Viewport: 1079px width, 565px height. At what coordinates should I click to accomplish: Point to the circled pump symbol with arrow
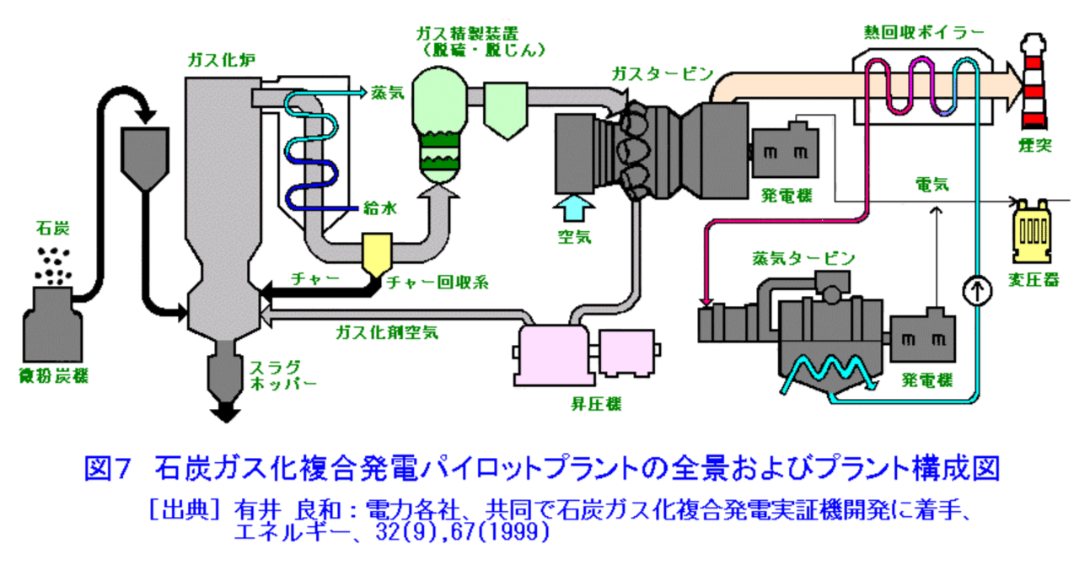pos(974,292)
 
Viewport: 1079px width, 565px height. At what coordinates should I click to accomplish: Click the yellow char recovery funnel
pos(373,252)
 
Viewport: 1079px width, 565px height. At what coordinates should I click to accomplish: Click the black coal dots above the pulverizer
pos(56,265)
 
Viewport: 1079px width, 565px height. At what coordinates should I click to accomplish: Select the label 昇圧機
pos(596,404)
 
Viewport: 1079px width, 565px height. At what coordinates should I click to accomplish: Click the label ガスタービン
pos(663,73)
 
